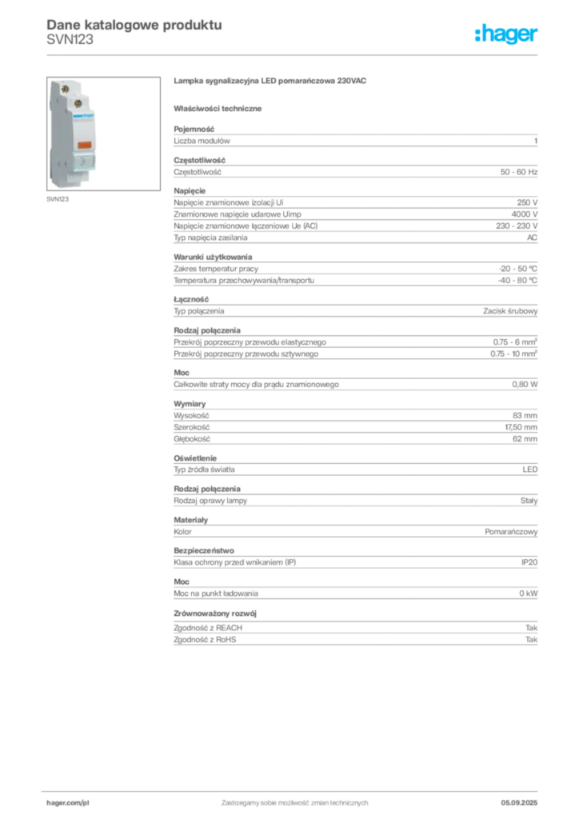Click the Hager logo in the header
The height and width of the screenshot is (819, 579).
click(x=505, y=34)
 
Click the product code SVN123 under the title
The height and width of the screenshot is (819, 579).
click(x=70, y=40)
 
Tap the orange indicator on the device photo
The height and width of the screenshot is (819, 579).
click(x=84, y=145)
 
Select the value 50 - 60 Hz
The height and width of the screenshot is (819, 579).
click(x=518, y=172)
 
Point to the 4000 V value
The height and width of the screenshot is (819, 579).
click(x=524, y=214)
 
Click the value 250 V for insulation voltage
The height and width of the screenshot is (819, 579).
click(x=527, y=202)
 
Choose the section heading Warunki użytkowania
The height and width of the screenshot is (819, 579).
click(x=213, y=257)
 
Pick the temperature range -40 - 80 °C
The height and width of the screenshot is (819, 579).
click(x=517, y=281)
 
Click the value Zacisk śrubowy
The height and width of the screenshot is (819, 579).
click(x=510, y=311)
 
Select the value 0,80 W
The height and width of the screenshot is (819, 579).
click(x=525, y=385)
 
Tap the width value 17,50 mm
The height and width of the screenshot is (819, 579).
click(x=521, y=427)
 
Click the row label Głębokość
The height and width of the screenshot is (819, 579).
click(x=192, y=439)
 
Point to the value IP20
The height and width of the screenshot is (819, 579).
click(x=529, y=562)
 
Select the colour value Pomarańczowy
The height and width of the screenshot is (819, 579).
click(x=511, y=532)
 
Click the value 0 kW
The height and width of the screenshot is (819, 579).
click(x=529, y=593)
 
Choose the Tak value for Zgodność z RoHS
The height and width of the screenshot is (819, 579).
click(x=532, y=640)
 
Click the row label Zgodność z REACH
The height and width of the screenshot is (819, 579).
click(x=208, y=628)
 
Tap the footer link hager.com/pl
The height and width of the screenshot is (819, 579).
click(x=68, y=803)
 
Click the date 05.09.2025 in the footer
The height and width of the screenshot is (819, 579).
click(x=519, y=803)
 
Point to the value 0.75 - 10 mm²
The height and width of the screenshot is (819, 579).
click(x=513, y=354)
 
